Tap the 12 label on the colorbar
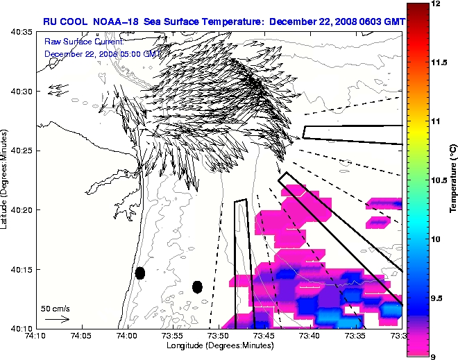[437, 4]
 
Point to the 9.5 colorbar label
[438, 298]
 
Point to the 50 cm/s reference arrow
[56, 319]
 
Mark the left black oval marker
[140, 273]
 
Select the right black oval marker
[197, 286]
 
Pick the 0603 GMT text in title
[378, 22]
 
